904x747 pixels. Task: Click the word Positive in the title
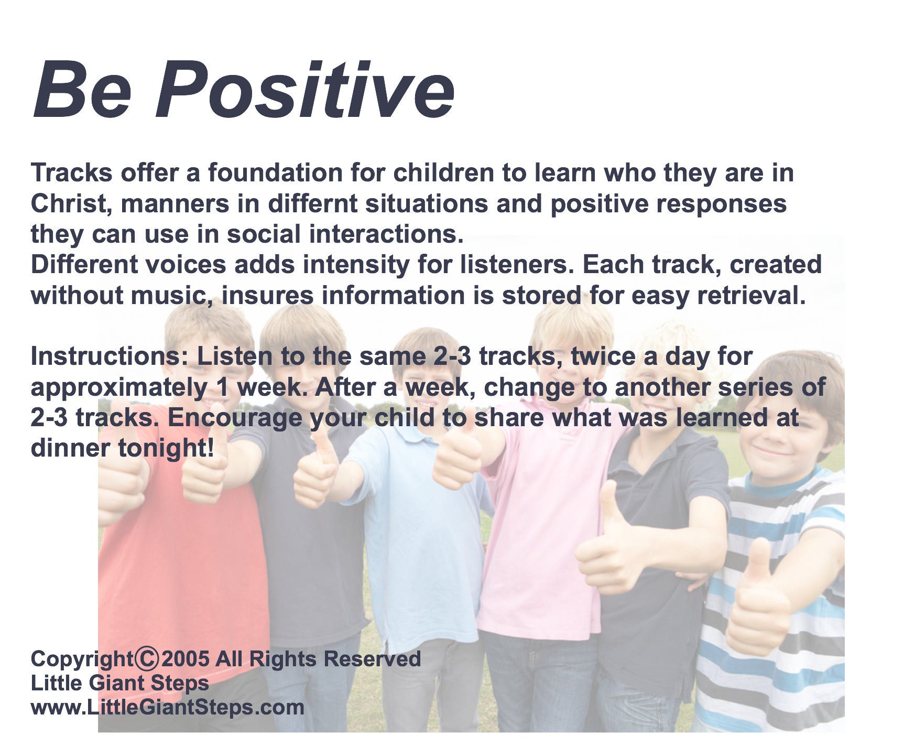tap(304, 90)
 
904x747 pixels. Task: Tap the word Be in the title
tap(82, 90)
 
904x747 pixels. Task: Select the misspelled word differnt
tap(312, 203)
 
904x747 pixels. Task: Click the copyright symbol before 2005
tap(147, 659)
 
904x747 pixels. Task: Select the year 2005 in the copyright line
tap(186, 659)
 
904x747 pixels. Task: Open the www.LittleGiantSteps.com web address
tap(168, 707)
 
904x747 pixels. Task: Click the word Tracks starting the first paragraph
tap(72, 173)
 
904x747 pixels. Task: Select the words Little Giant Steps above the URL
tap(120, 683)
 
